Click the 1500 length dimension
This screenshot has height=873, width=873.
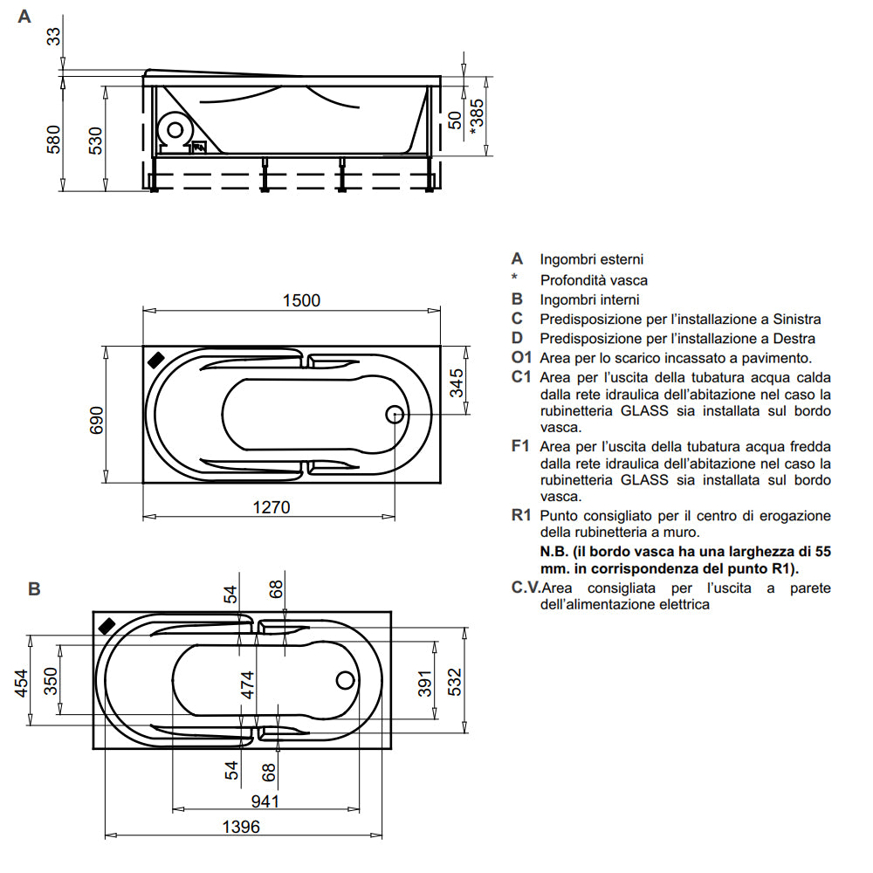pyautogui.click(x=301, y=300)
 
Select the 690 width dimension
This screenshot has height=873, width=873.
pyautogui.click(x=96, y=420)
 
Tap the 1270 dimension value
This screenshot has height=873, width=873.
pyautogui.click(x=272, y=507)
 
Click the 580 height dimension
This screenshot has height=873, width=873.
pyautogui.click(x=54, y=139)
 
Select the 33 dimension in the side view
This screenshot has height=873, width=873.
pyautogui.click(x=54, y=36)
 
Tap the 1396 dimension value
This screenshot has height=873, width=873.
pyautogui.click(x=237, y=826)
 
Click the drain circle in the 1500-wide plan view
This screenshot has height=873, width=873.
pyautogui.click(x=395, y=415)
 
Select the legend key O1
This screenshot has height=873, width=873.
pyautogui.click(x=521, y=358)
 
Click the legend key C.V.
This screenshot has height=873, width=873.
pyautogui.click(x=524, y=588)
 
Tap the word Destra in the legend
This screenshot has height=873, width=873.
pyautogui.click(x=792, y=338)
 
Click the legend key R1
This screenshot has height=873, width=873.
pyautogui.click(x=521, y=515)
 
